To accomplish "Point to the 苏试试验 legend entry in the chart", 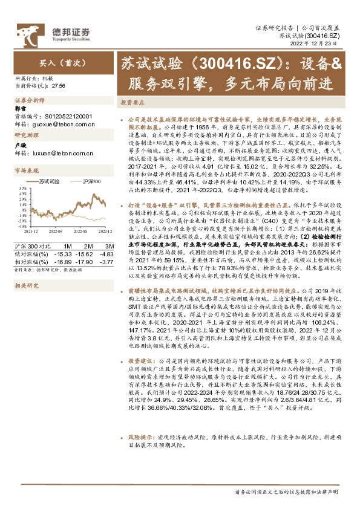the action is click(48, 181).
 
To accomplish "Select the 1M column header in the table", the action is click(68, 246).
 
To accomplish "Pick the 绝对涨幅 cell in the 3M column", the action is click(106, 253).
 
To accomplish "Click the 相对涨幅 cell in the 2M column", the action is click(87, 261).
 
